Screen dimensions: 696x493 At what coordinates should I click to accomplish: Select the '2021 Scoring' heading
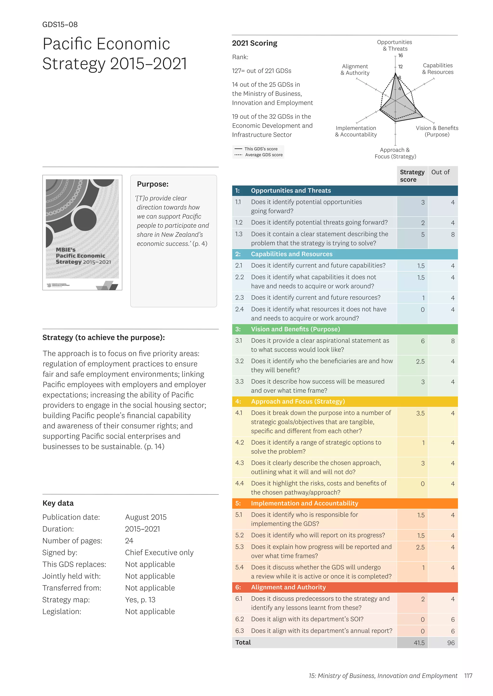coord(254,43)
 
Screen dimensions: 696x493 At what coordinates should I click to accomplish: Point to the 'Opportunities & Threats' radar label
coord(394,45)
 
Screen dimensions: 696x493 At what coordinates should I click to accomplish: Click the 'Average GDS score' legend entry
coord(264,155)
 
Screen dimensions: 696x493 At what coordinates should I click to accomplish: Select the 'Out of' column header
coord(440,172)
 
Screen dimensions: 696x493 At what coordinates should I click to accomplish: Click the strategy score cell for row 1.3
coord(422,235)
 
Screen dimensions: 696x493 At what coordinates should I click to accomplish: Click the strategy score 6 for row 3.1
coord(422,341)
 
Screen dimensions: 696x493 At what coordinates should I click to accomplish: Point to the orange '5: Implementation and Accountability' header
coord(304,503)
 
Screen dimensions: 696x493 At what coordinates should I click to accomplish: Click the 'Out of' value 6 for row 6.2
coord(452,620)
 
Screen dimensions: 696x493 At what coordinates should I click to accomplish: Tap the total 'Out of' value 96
coord(451,643)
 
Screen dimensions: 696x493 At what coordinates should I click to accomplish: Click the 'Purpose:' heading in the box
coord(152,184)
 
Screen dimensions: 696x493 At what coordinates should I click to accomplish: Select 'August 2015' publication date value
coord(146,517)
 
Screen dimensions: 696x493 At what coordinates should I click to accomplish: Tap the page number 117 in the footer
coord(468,676)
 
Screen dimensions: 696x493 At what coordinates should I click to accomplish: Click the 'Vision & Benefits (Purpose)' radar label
coord(437,131)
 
